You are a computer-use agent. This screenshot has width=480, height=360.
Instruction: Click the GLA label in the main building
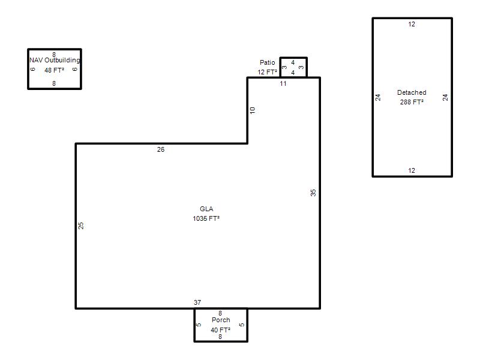206,209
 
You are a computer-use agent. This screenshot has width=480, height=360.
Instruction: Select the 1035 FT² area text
206,218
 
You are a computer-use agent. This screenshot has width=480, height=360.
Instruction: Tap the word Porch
221,320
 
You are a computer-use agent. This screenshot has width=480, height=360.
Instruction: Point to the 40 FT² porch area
220,329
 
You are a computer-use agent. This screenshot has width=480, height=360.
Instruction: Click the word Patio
267,62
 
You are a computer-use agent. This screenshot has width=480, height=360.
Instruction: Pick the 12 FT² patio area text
267,72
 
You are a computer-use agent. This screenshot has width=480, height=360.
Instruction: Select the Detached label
412,92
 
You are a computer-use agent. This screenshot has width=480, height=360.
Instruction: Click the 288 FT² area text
412,102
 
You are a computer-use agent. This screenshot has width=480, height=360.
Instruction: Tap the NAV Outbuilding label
55,60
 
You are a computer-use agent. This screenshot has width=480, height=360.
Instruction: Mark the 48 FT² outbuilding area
54,70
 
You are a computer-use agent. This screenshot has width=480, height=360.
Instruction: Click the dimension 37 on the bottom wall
197,302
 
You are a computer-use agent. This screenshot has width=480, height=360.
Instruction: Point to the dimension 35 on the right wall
313,193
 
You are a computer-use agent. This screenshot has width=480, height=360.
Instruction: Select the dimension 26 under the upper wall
161,149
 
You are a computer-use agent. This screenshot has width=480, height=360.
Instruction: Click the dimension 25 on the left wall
80,226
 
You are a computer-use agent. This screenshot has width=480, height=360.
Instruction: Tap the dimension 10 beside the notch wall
252,110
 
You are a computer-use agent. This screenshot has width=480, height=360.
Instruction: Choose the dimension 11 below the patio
283,83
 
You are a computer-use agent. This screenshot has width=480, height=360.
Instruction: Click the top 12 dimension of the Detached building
412,24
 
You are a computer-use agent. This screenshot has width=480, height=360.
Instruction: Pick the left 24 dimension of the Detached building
378,97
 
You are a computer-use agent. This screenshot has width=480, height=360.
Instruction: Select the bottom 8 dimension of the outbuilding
54,83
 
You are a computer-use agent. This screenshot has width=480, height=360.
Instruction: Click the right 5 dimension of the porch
242,325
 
